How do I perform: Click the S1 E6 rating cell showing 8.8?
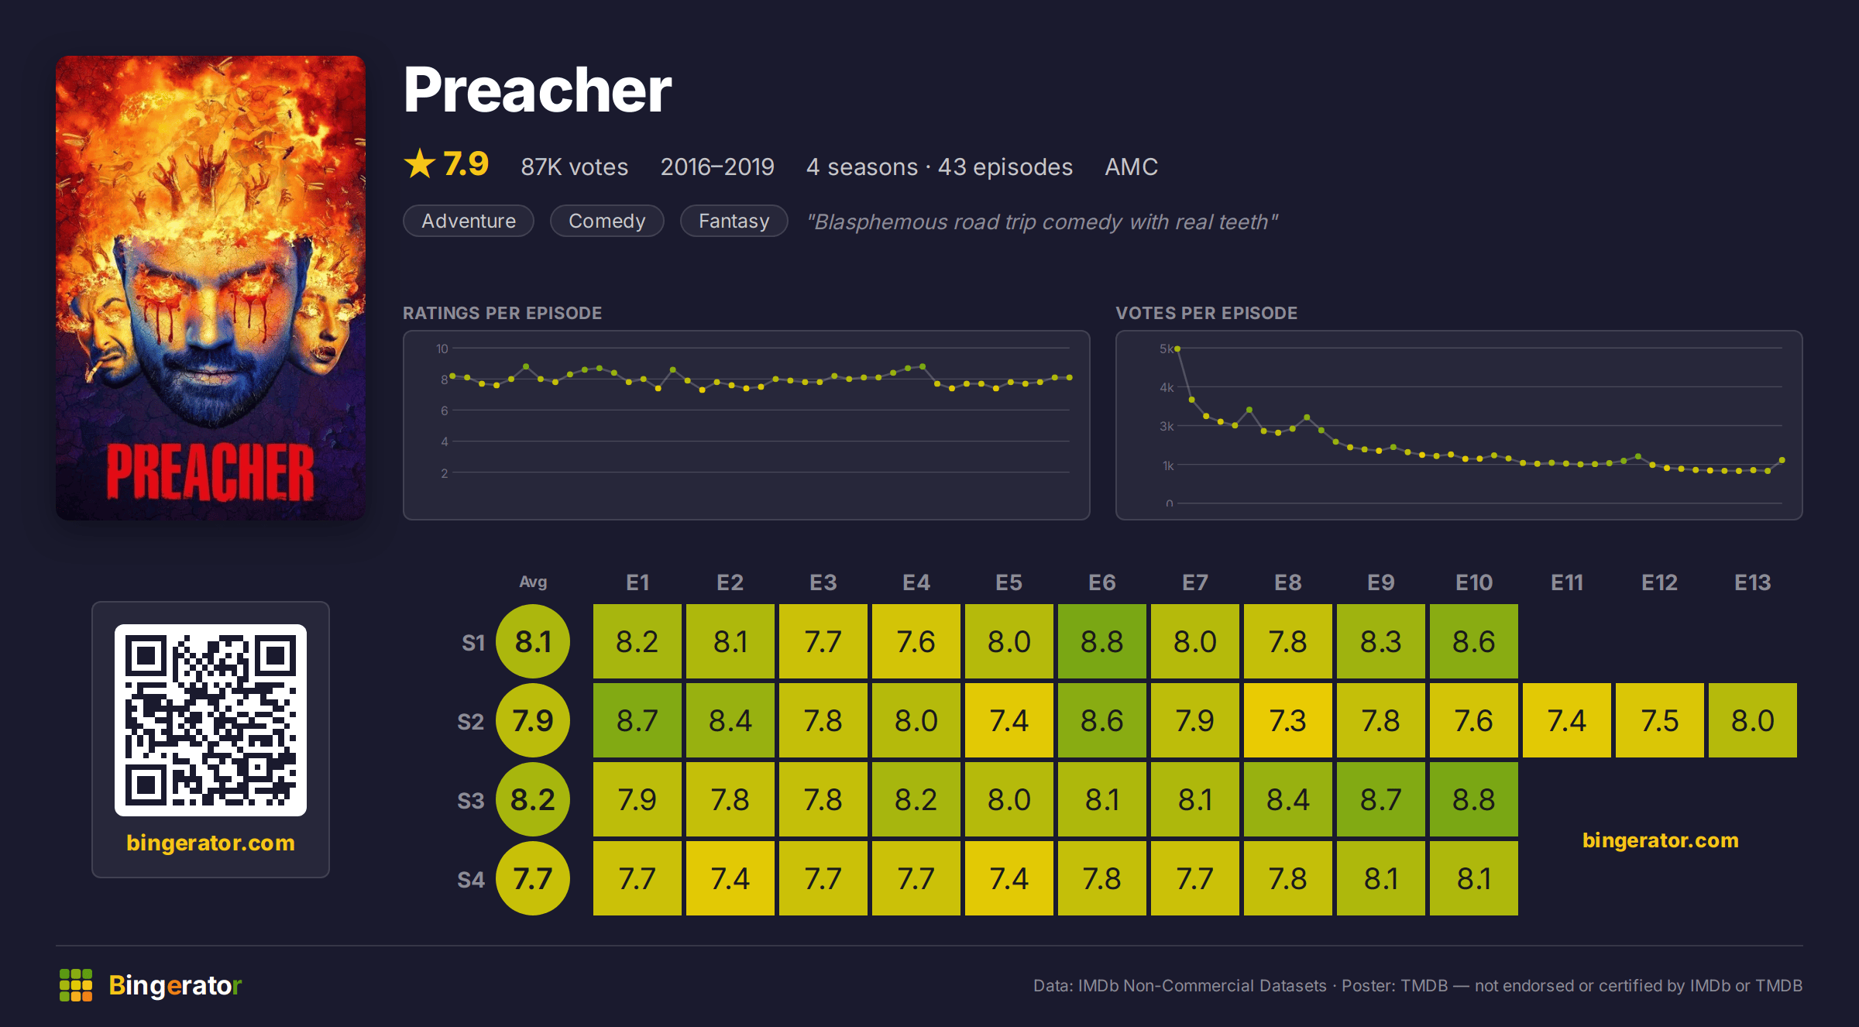(1102, 641)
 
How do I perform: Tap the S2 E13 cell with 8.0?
(1753, 720)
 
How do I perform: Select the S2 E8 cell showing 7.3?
(1288, 720)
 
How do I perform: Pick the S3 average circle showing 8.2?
(533, 799)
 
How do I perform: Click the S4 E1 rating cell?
(637, 878)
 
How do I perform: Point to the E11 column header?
(1567, 582)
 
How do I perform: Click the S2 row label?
(470, 722)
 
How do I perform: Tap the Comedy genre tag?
(607, 221)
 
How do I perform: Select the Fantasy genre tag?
(734, 221)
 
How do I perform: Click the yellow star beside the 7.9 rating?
(420, 163)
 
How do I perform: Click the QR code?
(211, 720)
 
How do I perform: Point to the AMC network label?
(1131, 167)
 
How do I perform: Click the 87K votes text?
(575, 167)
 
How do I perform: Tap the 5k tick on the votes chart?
(1166, 349)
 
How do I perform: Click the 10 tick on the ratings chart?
(442, 349)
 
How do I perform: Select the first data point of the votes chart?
(1177, 349)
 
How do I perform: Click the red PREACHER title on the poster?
(211, 472)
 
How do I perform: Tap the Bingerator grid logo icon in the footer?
(76, 985)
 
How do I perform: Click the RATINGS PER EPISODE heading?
(502, 313)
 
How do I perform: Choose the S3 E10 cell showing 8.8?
(1474, 799)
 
